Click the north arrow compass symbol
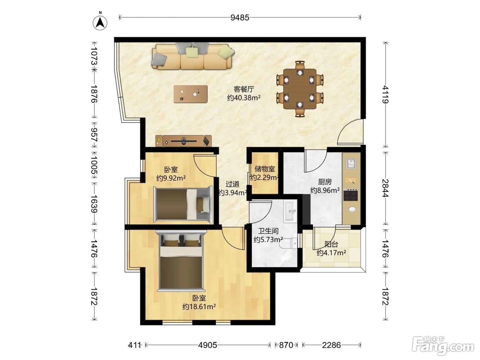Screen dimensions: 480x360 coord(100,23)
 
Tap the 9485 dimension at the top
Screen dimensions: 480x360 coord(240,17)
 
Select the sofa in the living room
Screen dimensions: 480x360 coord(193,56)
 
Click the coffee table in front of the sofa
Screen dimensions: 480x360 coord(191,94)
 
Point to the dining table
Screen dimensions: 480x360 coord(300,89)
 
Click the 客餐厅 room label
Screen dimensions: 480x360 coord(244,89)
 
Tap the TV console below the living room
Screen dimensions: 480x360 coord(183,141)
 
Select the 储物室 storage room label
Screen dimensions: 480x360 coord(265,169)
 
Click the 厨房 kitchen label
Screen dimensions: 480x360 coord(325,182)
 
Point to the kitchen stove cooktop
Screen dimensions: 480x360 coord(350,195)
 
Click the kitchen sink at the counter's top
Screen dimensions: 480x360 coord(351,163)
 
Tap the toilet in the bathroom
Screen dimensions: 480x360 coord(289,243)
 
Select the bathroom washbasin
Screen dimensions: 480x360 coord(290,212)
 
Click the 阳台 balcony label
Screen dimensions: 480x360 coord(332,244)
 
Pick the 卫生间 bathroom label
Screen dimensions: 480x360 coord(268,231)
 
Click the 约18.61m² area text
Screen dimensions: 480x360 coord(199,307)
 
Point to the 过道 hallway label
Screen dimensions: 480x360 coord(232,184)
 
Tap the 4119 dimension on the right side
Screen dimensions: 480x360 coord(385,94)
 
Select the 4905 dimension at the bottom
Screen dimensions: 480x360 coord(207,345)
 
